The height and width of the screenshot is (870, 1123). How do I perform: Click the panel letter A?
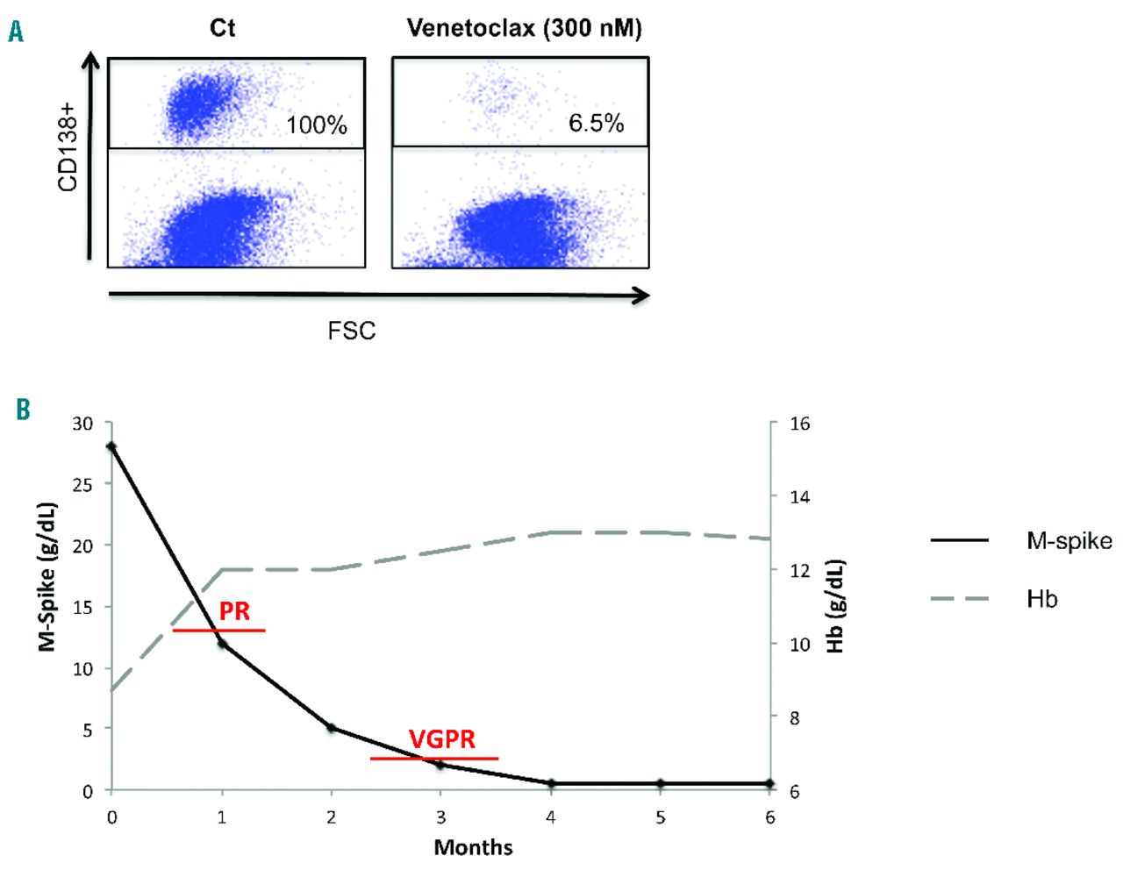point(16,32)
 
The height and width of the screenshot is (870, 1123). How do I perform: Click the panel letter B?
point(23,410)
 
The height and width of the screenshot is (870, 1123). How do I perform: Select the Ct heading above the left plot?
point(223,28)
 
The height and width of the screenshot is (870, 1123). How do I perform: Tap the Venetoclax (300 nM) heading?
point(524,28)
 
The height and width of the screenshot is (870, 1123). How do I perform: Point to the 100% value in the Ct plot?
point(317,125)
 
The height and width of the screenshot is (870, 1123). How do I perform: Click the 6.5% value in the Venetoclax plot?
point(596,123)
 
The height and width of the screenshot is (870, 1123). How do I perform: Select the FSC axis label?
point(351,331)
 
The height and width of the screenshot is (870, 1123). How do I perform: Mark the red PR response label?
point(234,610)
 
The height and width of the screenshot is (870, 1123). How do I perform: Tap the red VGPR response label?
point(442,739)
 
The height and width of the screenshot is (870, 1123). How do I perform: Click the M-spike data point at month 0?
point(111,446)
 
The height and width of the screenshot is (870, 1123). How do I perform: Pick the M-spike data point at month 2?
point(331,728)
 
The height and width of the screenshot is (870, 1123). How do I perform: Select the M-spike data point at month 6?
point(769,783)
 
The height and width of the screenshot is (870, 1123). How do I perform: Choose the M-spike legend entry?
point(1069,541)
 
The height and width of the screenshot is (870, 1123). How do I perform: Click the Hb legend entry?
point(1041,599)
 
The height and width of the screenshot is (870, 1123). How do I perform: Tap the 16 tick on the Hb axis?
point(799,424)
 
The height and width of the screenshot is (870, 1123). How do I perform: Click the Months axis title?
point(473,847)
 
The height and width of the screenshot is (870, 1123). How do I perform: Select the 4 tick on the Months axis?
point(550,817)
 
